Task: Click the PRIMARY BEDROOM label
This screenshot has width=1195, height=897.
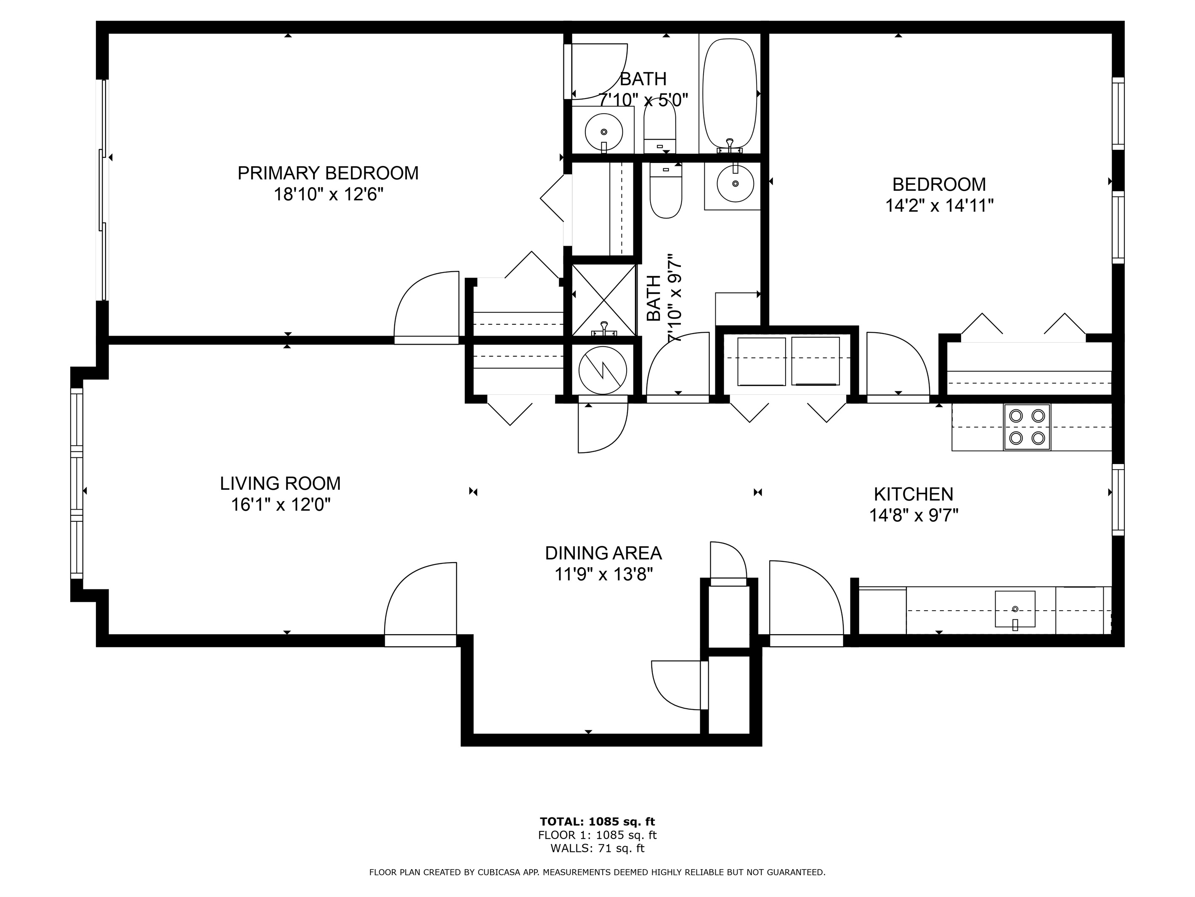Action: pos(328,173)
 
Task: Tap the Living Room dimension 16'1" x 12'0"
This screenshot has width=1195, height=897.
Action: pos(280,505)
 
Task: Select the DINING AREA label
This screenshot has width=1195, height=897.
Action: pos(603,553)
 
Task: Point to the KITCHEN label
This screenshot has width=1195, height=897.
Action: pos(913,494)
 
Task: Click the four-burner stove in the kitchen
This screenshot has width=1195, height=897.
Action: pos(1027,427)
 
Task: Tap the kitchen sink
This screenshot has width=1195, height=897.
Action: pos(1015,609)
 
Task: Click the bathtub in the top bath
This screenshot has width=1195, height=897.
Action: pos(729,93)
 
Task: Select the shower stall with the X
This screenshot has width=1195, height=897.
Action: pos(603,300)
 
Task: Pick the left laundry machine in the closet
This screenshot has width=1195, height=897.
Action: pos(761,361)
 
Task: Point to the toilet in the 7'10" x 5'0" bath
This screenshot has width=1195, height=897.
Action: pos(660,126)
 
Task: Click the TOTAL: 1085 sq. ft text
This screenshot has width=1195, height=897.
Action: pos(597,822)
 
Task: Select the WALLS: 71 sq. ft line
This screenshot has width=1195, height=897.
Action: pos(597,848)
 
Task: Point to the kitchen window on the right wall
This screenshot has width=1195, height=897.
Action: pos(1118,499)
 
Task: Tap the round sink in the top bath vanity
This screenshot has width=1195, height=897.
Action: pos(603,131)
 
